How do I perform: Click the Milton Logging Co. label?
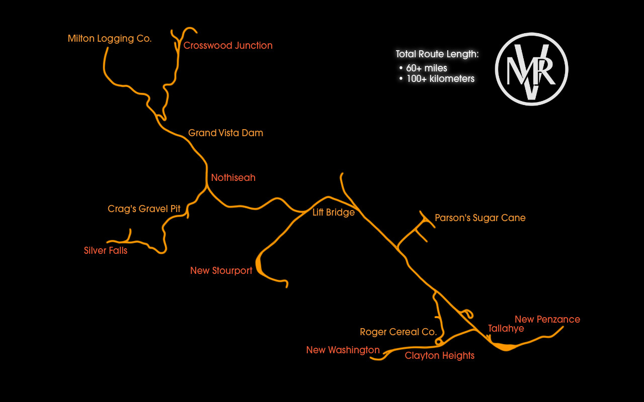click(x=110, y=39)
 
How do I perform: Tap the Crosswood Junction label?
click(x=228, y=46)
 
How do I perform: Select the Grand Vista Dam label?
click(x=225, y=133)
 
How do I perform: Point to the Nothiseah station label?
click(x=233, y=178)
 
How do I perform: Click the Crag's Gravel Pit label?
click(x=144, y=209)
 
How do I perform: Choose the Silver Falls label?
click(x=106, y=251)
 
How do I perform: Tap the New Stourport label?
click(x=221, y=271)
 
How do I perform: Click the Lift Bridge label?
click(x=334, y=213)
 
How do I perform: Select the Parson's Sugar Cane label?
click(x=480, y=218)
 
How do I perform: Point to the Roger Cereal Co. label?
click(x=398, y=332)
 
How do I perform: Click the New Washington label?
click(x=343, y=350)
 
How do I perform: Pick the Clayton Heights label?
click(x=440, y=356)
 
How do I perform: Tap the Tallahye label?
click(x=506, y=329)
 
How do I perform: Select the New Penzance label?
click(x=547, y=320)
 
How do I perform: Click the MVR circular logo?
click(x=531, y=69)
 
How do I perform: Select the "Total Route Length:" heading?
click(x=437, y=54)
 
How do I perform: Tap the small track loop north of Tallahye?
click(x=467, y=314)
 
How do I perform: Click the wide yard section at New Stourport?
click(x=260, y=265)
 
